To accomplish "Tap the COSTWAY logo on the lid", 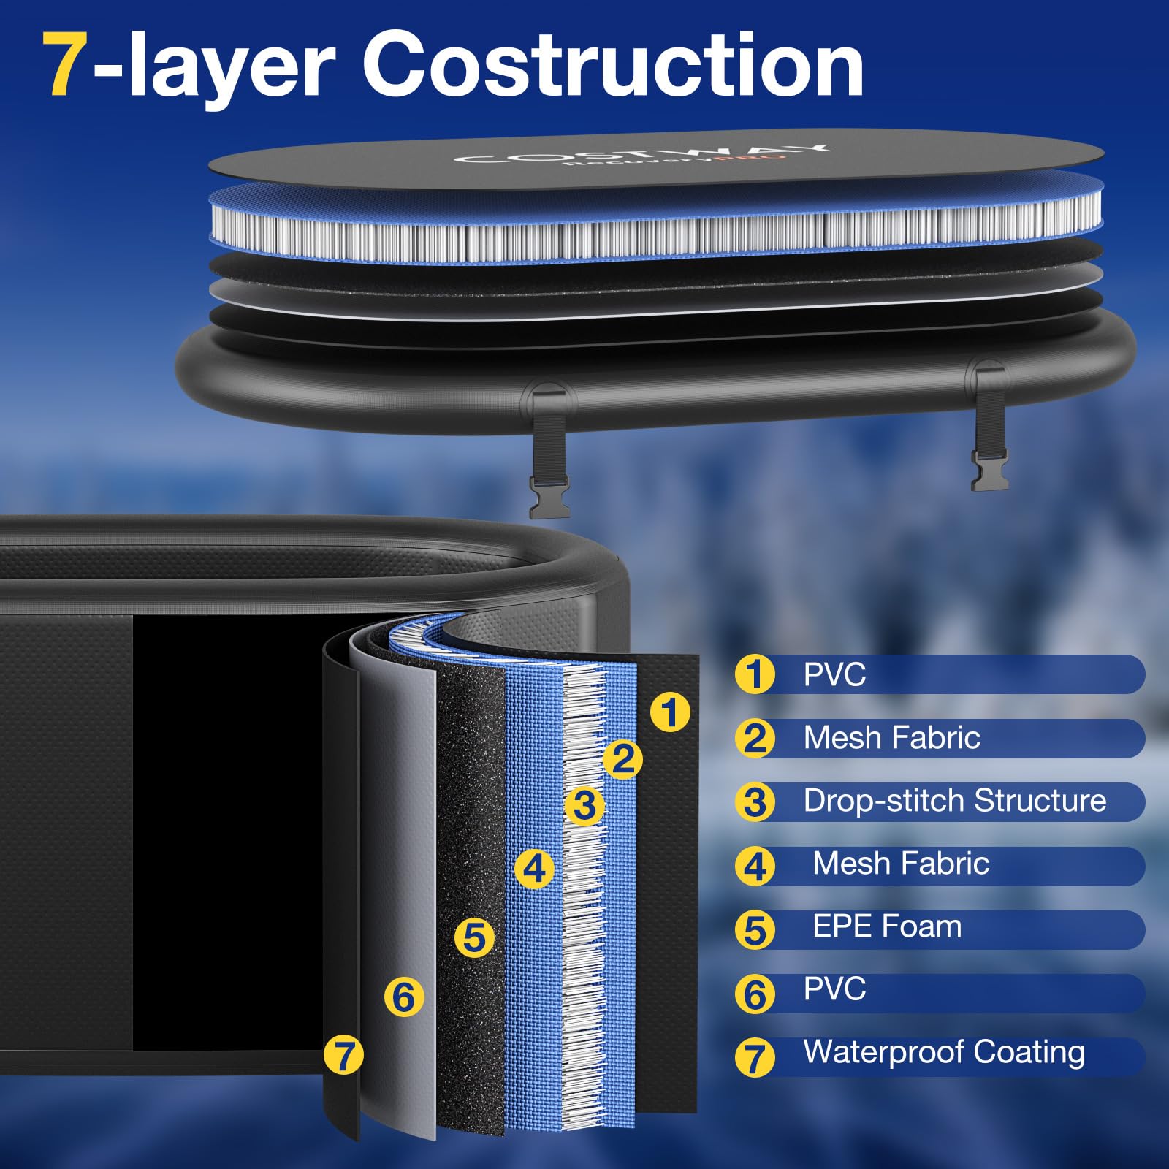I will (x=641, y=156).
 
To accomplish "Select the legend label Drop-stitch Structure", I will (x=954, y=801).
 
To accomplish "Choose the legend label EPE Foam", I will (x=886, y=926).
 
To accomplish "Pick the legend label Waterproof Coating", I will (x=943, y=1052).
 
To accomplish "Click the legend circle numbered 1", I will (x=755, y=674).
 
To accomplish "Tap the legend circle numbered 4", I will (x=755, y=867).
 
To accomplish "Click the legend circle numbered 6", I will (x=755, y=994).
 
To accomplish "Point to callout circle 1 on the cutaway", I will (x=669, y=712).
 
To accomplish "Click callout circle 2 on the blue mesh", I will (x=622, y=760).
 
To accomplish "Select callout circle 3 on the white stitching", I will (x=584, y=806).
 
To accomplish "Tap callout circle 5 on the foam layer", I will (x=474, y=937).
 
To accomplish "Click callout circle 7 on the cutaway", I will (x=343, y=1055).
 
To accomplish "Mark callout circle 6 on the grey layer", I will (x=403, y=997).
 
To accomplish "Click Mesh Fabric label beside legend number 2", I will (x=891, y=738).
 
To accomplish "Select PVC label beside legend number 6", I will (x=834, y=989).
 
